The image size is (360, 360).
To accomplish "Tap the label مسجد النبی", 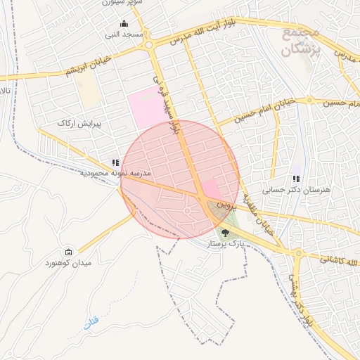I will (124, 34).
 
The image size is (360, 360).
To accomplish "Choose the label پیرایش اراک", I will (79, 123).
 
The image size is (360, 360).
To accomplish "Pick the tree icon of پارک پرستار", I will (224, 232).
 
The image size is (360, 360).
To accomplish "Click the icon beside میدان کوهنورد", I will (68, 252).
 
